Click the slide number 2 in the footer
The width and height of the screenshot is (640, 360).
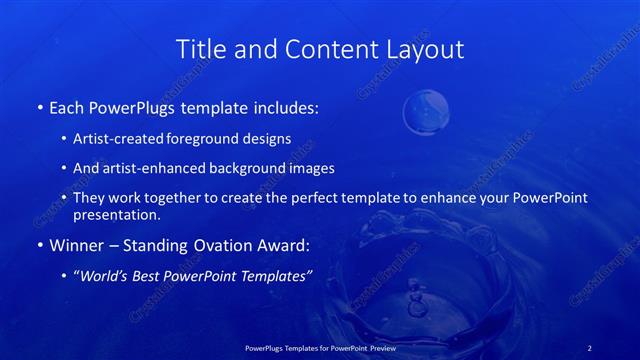coord(590,347)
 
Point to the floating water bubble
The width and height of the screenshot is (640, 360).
coord(426,112)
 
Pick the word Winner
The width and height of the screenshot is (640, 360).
coord(75,243)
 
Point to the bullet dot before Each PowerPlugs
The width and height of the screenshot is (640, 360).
coord(39,106)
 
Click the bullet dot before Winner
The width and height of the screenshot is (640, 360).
coord(39,243)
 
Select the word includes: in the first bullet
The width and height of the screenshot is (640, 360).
coord(287,106)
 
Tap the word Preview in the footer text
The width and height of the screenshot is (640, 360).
coord(376,347)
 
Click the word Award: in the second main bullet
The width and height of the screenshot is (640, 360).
coord(283,243)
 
